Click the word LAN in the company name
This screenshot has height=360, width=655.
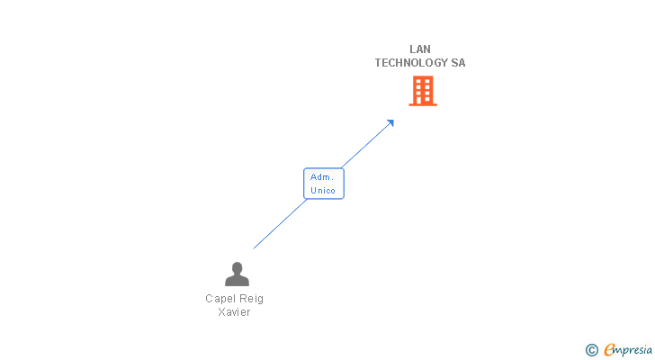[x=420, y=49]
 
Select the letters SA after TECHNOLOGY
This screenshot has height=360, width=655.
[x=459, y=63]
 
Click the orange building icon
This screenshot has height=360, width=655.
[x=423, y=91]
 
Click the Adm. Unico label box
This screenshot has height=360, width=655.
[x=323, y=184]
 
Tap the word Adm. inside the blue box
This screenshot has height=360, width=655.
[x=322, y=177]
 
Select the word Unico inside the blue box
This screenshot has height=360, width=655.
[x=323, y=191]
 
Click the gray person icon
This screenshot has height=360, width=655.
[x=237, y=274]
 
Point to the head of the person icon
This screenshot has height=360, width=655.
[x=237, y=267]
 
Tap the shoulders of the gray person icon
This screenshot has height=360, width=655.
[x=237, y=281]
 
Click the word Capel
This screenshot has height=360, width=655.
[x=220, y=299]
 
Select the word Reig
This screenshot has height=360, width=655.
[x=251, y=299]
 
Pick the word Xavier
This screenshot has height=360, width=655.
[x=234, y=312]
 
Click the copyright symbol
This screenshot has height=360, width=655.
[x=592, y=350]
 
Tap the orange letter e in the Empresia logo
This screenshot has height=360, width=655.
[x=610, y=350]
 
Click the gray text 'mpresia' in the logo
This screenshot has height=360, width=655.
[x=633, y=350]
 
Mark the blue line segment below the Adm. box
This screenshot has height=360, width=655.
[x=279, y=224]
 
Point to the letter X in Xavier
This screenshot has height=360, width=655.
[x=221, y=312]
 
